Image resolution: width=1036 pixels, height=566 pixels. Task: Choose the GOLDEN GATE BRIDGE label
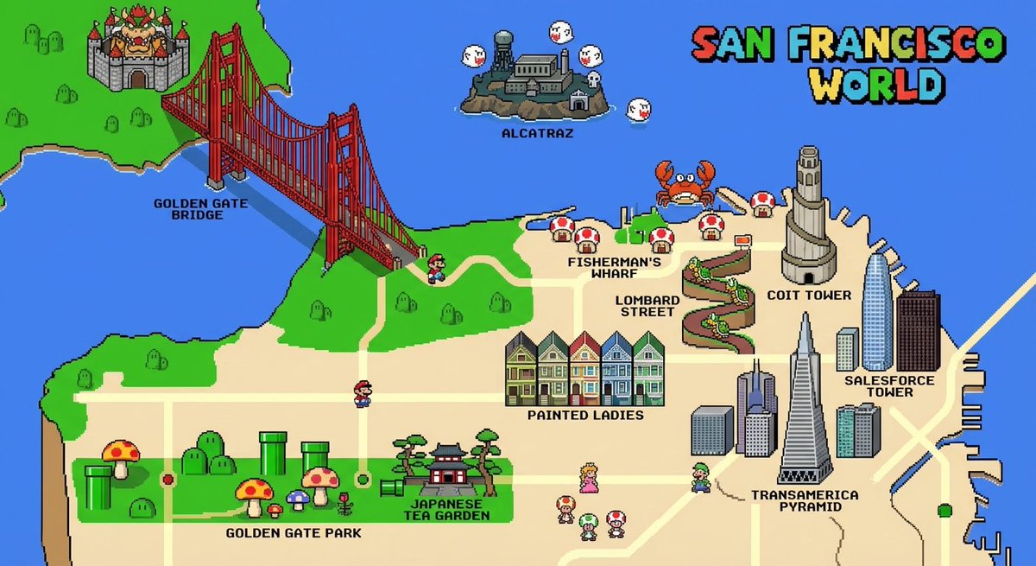pyautogui.click(x=188, y=208)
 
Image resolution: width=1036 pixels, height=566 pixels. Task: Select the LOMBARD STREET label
pyautogui.click(x=647, y=306)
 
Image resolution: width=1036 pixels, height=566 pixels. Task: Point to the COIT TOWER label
pyautogui.click(x=809, y=296)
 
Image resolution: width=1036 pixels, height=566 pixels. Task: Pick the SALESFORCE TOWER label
pyautogui.click(x=878, y=386)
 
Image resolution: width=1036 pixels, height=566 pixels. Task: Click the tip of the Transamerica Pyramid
pyautogui.click(x=805, y=315)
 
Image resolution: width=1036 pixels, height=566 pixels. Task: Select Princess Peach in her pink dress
pyautogui.click(x=589, y=477)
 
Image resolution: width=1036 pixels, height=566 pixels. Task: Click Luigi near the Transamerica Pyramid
pyautogui.click(x=701, y=477)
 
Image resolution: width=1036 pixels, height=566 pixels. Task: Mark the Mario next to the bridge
pyautogui.click(x=436, y=268)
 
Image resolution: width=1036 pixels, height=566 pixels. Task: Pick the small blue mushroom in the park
pyautogui.click(x=296, y=499)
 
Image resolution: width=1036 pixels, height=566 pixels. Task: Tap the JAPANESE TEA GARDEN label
pyautogui.click(x=446, y=510)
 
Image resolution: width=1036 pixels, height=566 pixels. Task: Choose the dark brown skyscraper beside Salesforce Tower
pyautogui.click(x=918, y=331)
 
